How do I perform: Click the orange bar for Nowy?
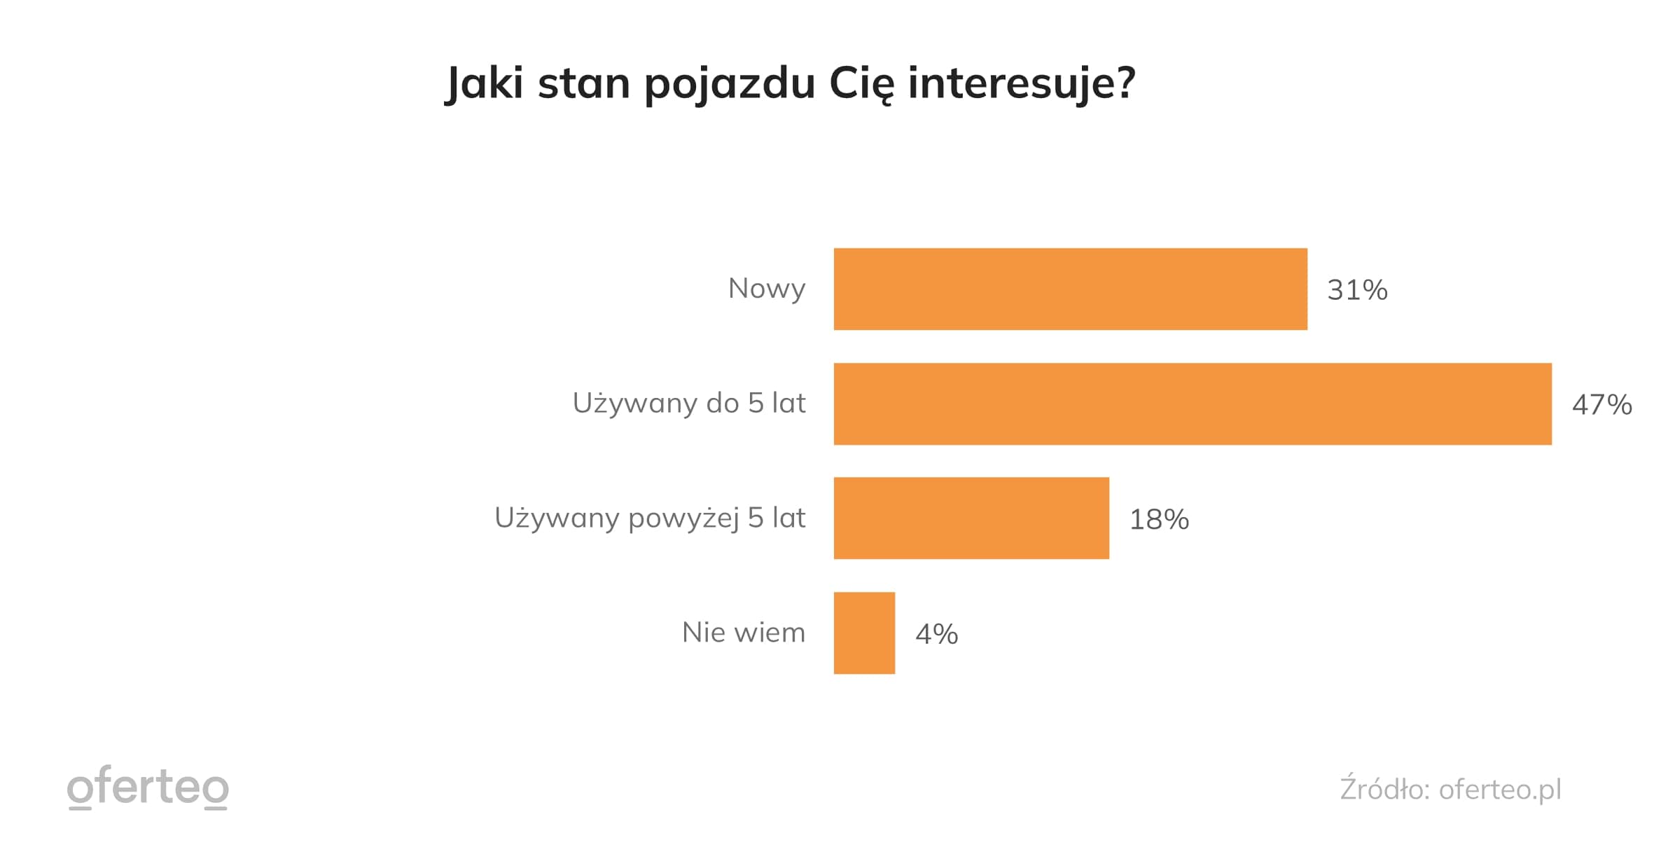(x=1070, y=289)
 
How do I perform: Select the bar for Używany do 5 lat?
(x=1192, y=404)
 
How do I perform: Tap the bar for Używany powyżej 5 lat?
(x=971, y=518)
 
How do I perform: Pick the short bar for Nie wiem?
(x=864, y=633)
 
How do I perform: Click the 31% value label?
(x=1356, y=290)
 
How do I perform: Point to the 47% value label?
(x=1601, y=405)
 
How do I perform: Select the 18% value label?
(x=1159, y=520)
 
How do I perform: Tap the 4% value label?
(x=936, y=634)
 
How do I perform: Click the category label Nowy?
(x=766, y=289)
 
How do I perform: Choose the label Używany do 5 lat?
(x=689, y=404)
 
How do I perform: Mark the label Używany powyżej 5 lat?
(x=650, y=518)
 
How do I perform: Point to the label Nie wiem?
(x=743, y=633)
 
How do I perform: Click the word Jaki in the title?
(x=484, y=83)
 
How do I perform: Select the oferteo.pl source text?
(x=1500, y=790)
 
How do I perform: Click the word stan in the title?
(x=584, y=83)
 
